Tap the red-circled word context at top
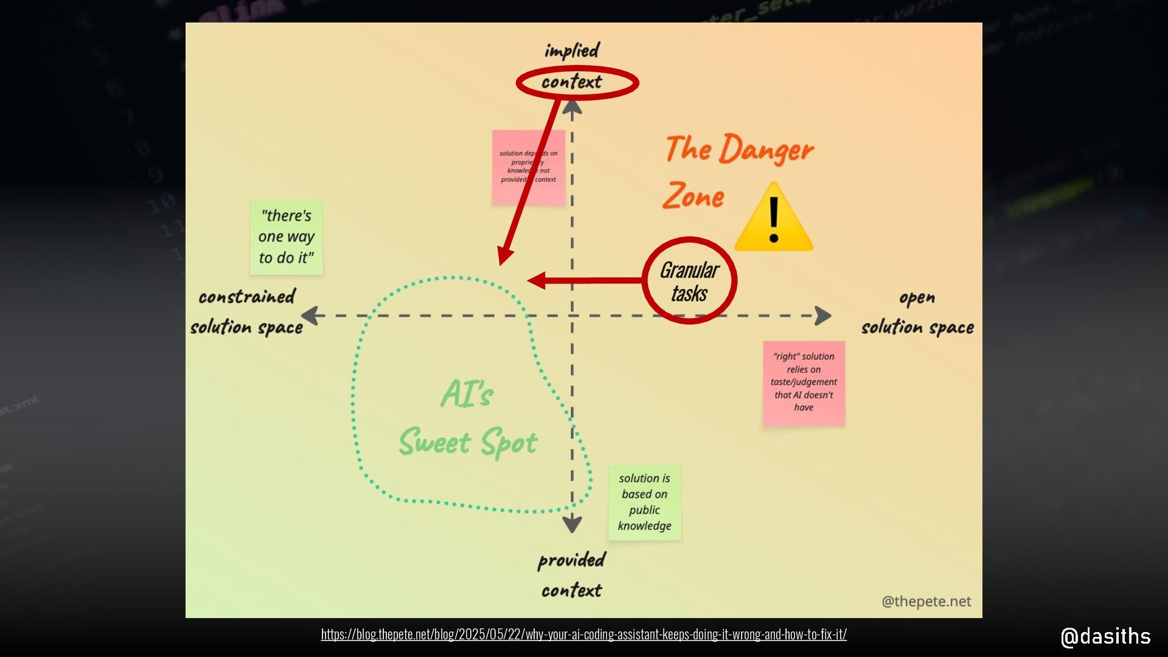coord(572,82)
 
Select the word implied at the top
coord(572,50)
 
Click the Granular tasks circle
coord(689,281)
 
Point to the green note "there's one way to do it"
coord(287,237)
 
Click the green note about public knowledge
coord(645,502)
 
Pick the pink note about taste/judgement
coord(804,382)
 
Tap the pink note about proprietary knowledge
coord(528,167)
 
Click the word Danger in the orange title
coord(766,150)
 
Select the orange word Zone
coord(693,196)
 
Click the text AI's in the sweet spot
coord(467,394)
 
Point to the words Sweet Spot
coord(468,442)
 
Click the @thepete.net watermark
coord(926,601)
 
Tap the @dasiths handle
coord(1105,636)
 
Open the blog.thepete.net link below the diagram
coord(583,634)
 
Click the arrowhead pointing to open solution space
coord(823,316)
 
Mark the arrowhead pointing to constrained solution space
coord(310,316)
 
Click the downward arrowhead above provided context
coord(572,524)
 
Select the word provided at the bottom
coord(572,560)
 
